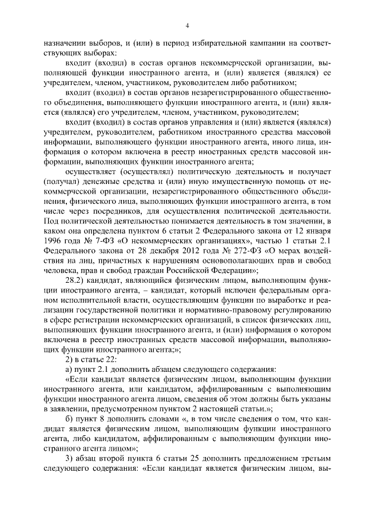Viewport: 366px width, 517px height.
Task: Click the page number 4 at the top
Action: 186,25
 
